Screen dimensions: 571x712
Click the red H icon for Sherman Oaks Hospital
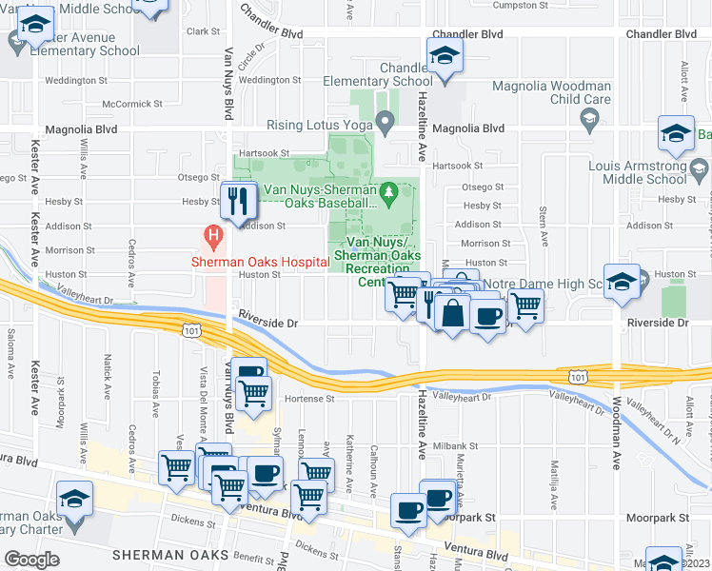[214, 233]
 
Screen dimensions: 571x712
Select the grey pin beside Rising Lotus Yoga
[385, 122]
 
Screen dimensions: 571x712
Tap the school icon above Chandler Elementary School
[445, 55]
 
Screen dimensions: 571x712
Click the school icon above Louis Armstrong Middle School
[676, 133]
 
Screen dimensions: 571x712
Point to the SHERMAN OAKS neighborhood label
[169, 555]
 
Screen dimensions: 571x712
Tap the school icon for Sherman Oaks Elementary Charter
[73, 499]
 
